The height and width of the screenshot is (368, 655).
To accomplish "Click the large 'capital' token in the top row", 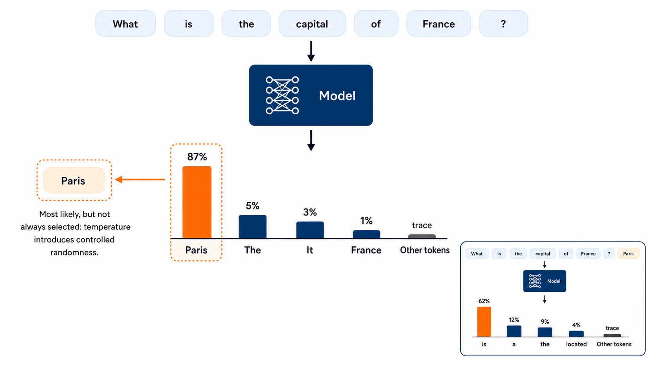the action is [312, 23].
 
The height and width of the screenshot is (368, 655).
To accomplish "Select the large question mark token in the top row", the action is [503, 23].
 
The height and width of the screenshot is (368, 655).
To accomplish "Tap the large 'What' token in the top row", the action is [125, 23].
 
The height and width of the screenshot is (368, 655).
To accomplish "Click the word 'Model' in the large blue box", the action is [337, 96].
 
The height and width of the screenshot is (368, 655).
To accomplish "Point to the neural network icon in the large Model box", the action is [282, 95].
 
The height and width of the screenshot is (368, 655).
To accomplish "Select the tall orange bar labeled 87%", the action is [197, 202].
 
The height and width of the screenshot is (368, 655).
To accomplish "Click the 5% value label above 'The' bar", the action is [253, 206].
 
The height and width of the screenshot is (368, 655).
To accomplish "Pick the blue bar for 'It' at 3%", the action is [310, 230].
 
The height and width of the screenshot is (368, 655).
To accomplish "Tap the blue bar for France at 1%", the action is [366, 234].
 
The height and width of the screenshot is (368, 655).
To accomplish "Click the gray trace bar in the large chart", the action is [422, 236].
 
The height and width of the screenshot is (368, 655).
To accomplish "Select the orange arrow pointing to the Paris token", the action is [140, 180].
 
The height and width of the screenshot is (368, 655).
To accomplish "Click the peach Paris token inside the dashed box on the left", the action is [74, 180].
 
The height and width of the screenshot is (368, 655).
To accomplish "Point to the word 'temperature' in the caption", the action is [107, 227].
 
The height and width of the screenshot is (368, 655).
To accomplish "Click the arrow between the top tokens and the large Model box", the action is [311, 51].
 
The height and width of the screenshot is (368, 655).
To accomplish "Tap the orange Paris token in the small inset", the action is [628, 253].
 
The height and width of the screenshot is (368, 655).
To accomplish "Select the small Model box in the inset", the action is [545, 281].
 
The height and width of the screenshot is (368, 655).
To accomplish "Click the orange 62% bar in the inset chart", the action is [484, 322].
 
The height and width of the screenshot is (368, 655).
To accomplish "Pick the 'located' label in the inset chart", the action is [576, 344].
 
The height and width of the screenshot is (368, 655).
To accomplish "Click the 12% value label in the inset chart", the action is [514, 320].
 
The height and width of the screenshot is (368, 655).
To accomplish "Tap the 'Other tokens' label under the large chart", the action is [425, 250].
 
